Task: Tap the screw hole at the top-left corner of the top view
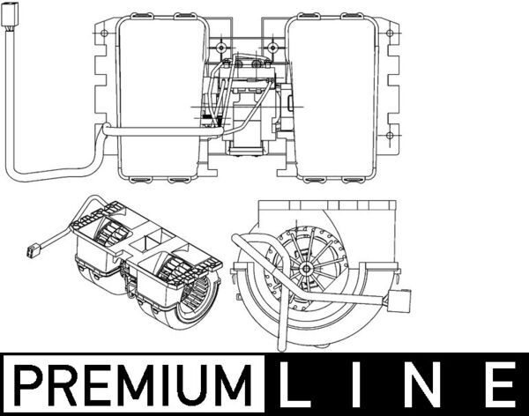click(x=105, y=36)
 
